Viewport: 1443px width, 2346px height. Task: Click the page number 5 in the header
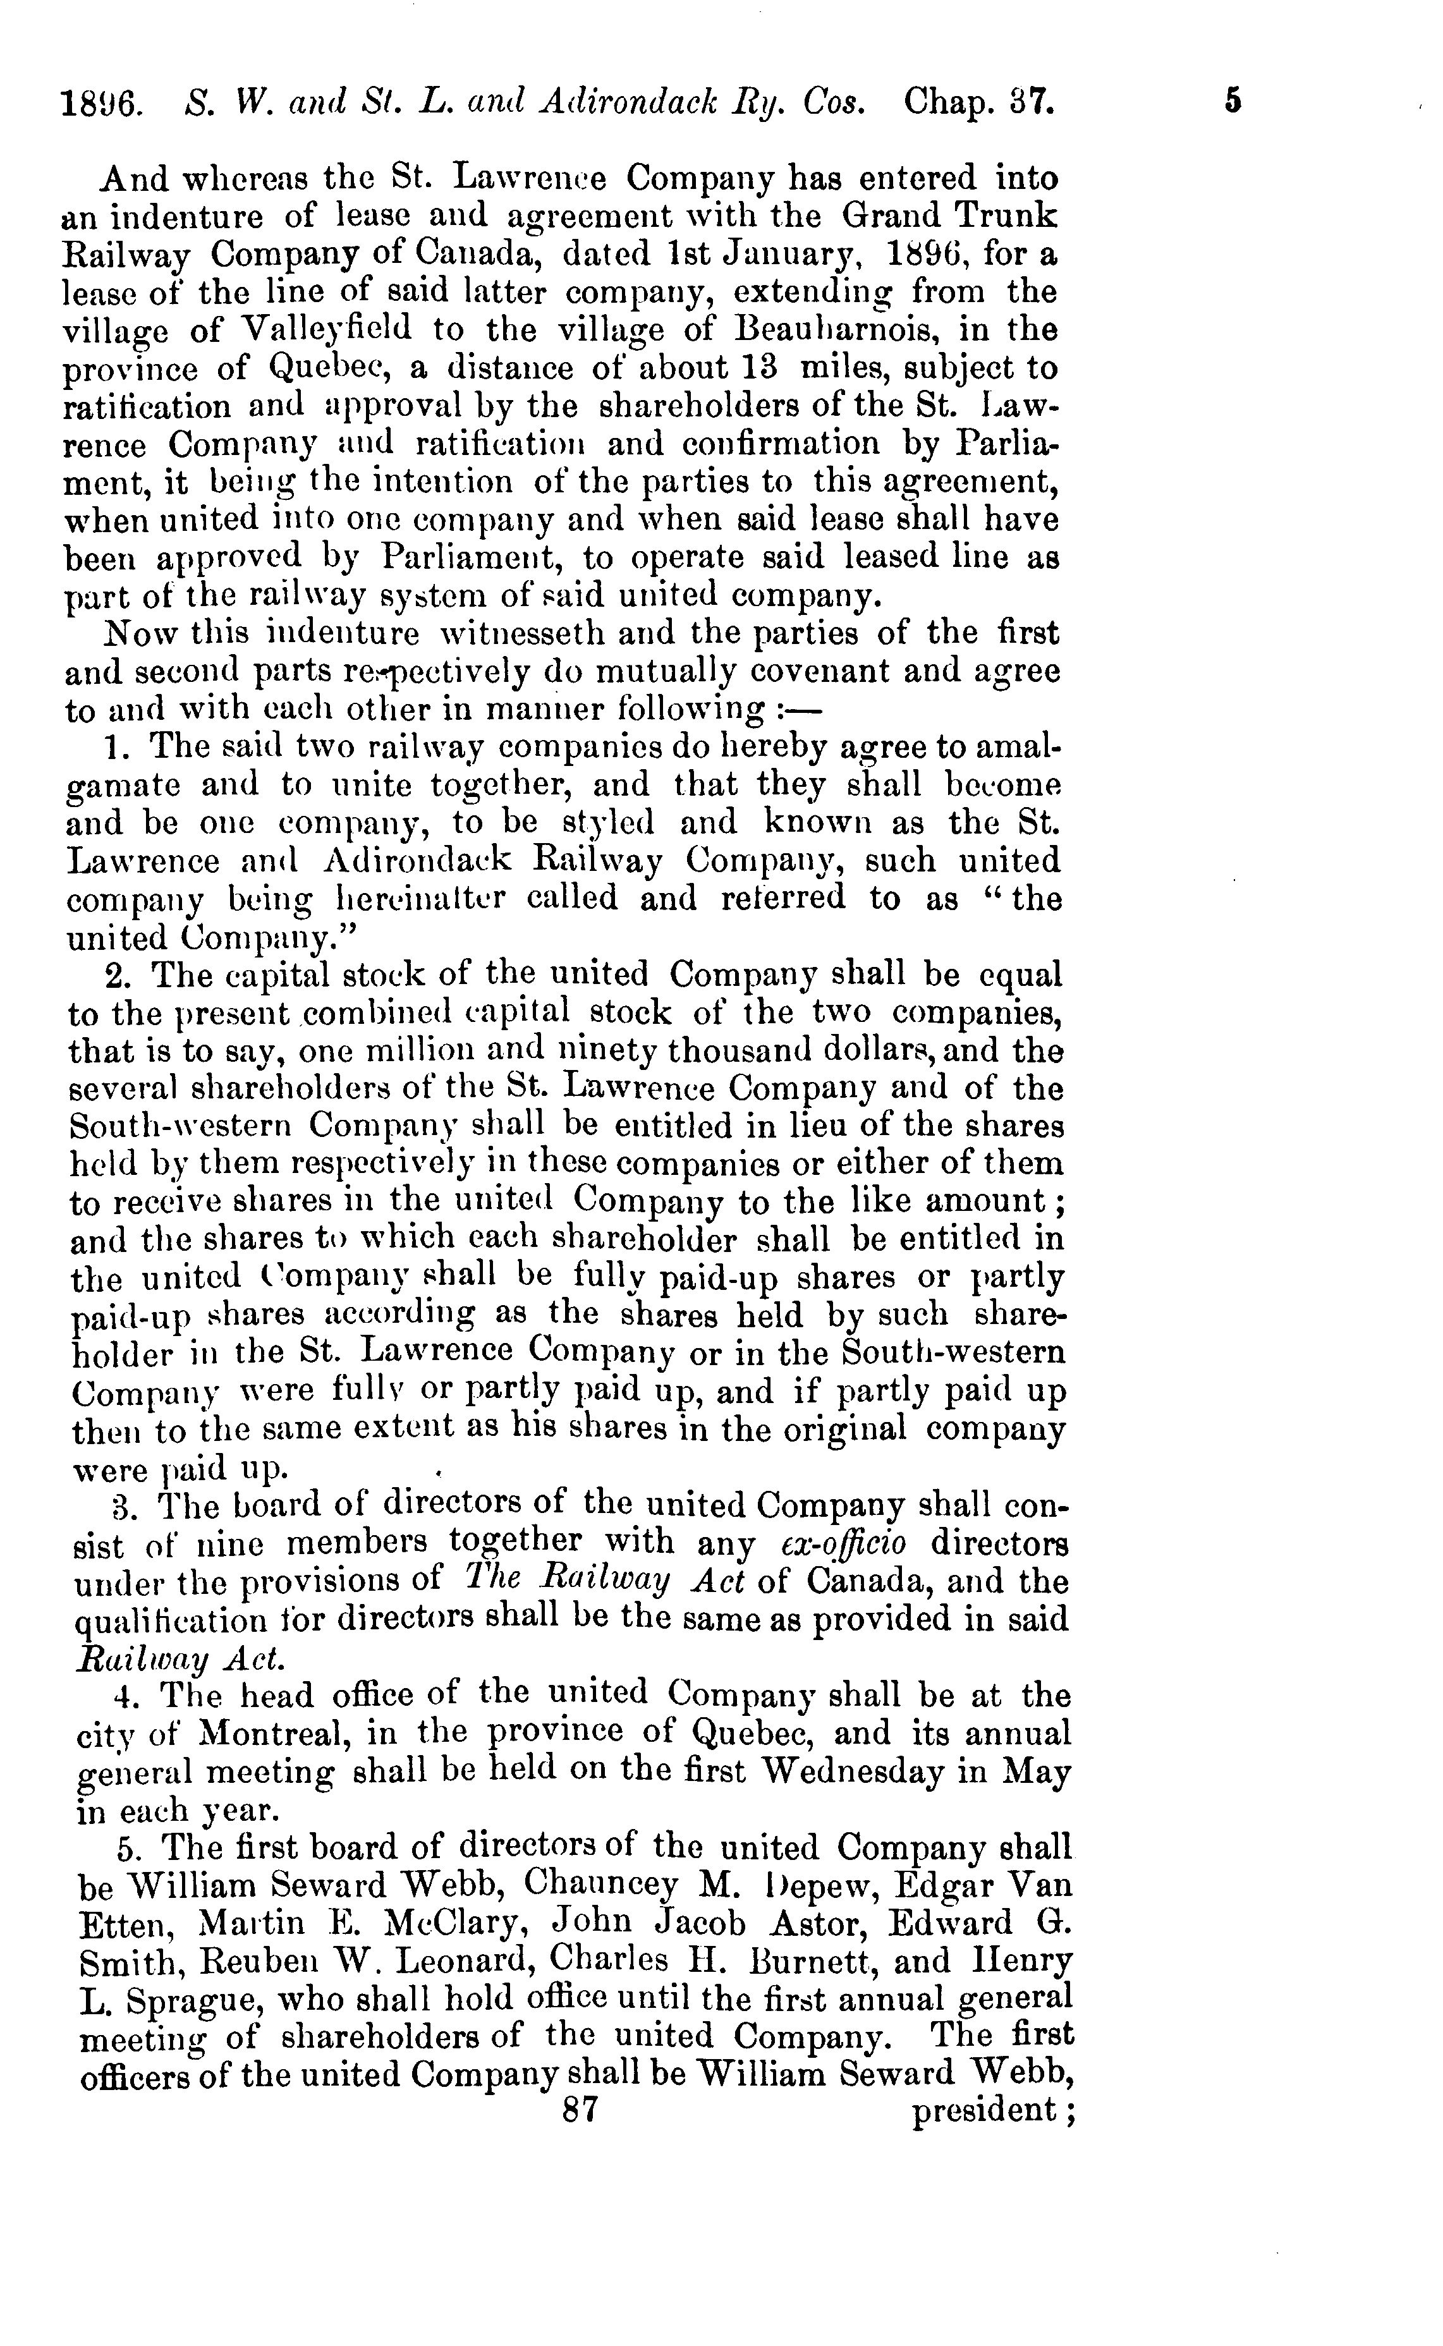[1233, 100]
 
